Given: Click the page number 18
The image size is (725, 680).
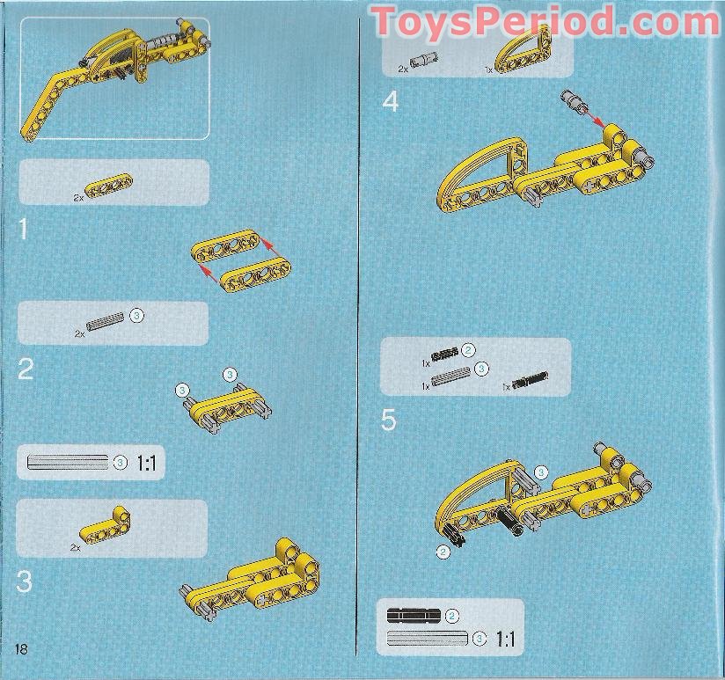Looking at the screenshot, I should coord(21,649).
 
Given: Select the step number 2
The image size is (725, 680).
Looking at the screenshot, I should coord(26,369).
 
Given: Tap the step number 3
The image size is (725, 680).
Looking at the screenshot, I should coord(26,581).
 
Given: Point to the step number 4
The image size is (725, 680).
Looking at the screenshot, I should coord(391,103).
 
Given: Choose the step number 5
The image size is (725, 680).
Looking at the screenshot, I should coord(389,420).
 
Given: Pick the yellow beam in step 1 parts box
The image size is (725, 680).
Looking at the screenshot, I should coord(110,186).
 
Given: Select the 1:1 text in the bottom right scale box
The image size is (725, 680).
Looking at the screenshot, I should coord(505,639).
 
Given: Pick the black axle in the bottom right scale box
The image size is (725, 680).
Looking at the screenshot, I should coord(414,615).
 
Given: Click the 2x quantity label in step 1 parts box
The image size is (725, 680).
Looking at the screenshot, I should coord(78,199).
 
